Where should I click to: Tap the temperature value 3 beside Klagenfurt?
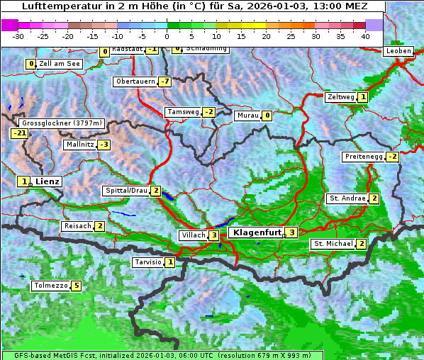tap(291, 232)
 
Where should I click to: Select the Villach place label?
tap(192, 235)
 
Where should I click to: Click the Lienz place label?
tap(48, 181)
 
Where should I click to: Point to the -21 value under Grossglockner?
tap(19, 133)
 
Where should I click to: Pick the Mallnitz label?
tap(79, 145)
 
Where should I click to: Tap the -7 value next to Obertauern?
tap(164, 81)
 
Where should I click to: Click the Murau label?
tap(247, 116)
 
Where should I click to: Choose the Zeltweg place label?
tap(340, 97)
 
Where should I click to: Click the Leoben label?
tap(397, 51)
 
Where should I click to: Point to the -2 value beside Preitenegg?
tap(392, 157)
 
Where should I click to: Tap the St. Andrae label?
tap(347, 198)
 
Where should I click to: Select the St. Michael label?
tap(333, 244)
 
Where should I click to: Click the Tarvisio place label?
tap(148, 262)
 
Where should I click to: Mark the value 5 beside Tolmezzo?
tap(77, 286)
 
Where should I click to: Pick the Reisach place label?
tap(78, 226)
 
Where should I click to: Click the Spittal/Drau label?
tap(126, 191)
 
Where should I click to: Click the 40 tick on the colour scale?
tap(365, 35)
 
